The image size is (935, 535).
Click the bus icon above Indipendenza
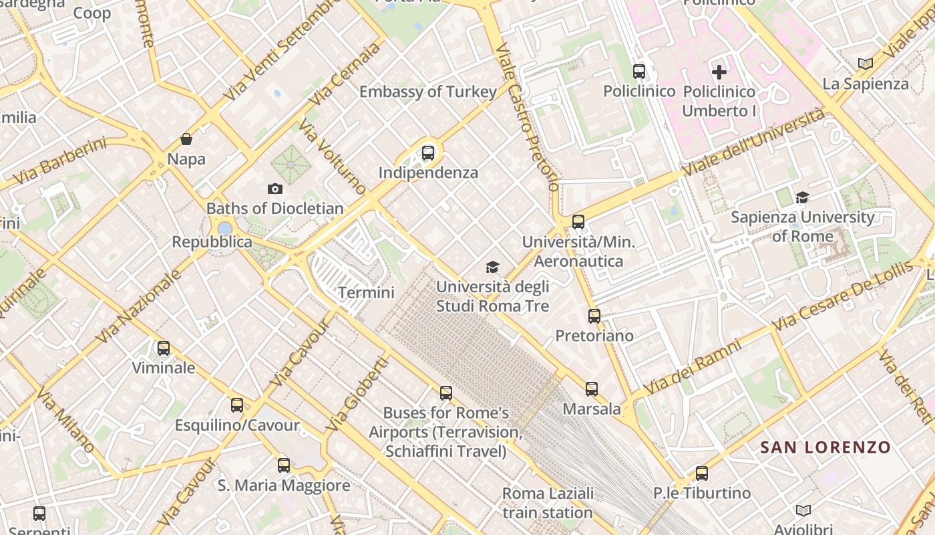coord(428,152)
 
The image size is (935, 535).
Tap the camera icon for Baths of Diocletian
coord(274,189)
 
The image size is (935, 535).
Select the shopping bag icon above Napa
coord(186,139)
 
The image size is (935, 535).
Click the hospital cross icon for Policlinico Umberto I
coord(719,72)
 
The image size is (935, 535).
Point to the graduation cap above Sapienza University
coord(802,197)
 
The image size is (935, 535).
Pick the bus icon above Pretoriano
coord(594,316)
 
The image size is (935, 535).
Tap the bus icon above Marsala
coord(592,389)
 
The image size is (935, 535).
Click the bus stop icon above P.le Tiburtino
coord(702,473)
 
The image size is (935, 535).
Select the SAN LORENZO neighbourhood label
coord(825,447)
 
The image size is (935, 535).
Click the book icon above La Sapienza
coord(866,64)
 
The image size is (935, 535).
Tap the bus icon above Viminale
coord(164,348)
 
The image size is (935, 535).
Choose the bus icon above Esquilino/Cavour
coord(237,405)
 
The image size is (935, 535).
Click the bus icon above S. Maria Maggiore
coord(284,465)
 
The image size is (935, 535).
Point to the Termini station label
coord(366,292)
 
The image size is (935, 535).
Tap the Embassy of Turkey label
coord(428,92)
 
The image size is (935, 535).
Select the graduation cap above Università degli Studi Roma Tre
coord(492,267)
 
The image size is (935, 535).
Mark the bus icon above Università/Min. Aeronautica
coord(578,221)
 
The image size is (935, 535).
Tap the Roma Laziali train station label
coord(548,503)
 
